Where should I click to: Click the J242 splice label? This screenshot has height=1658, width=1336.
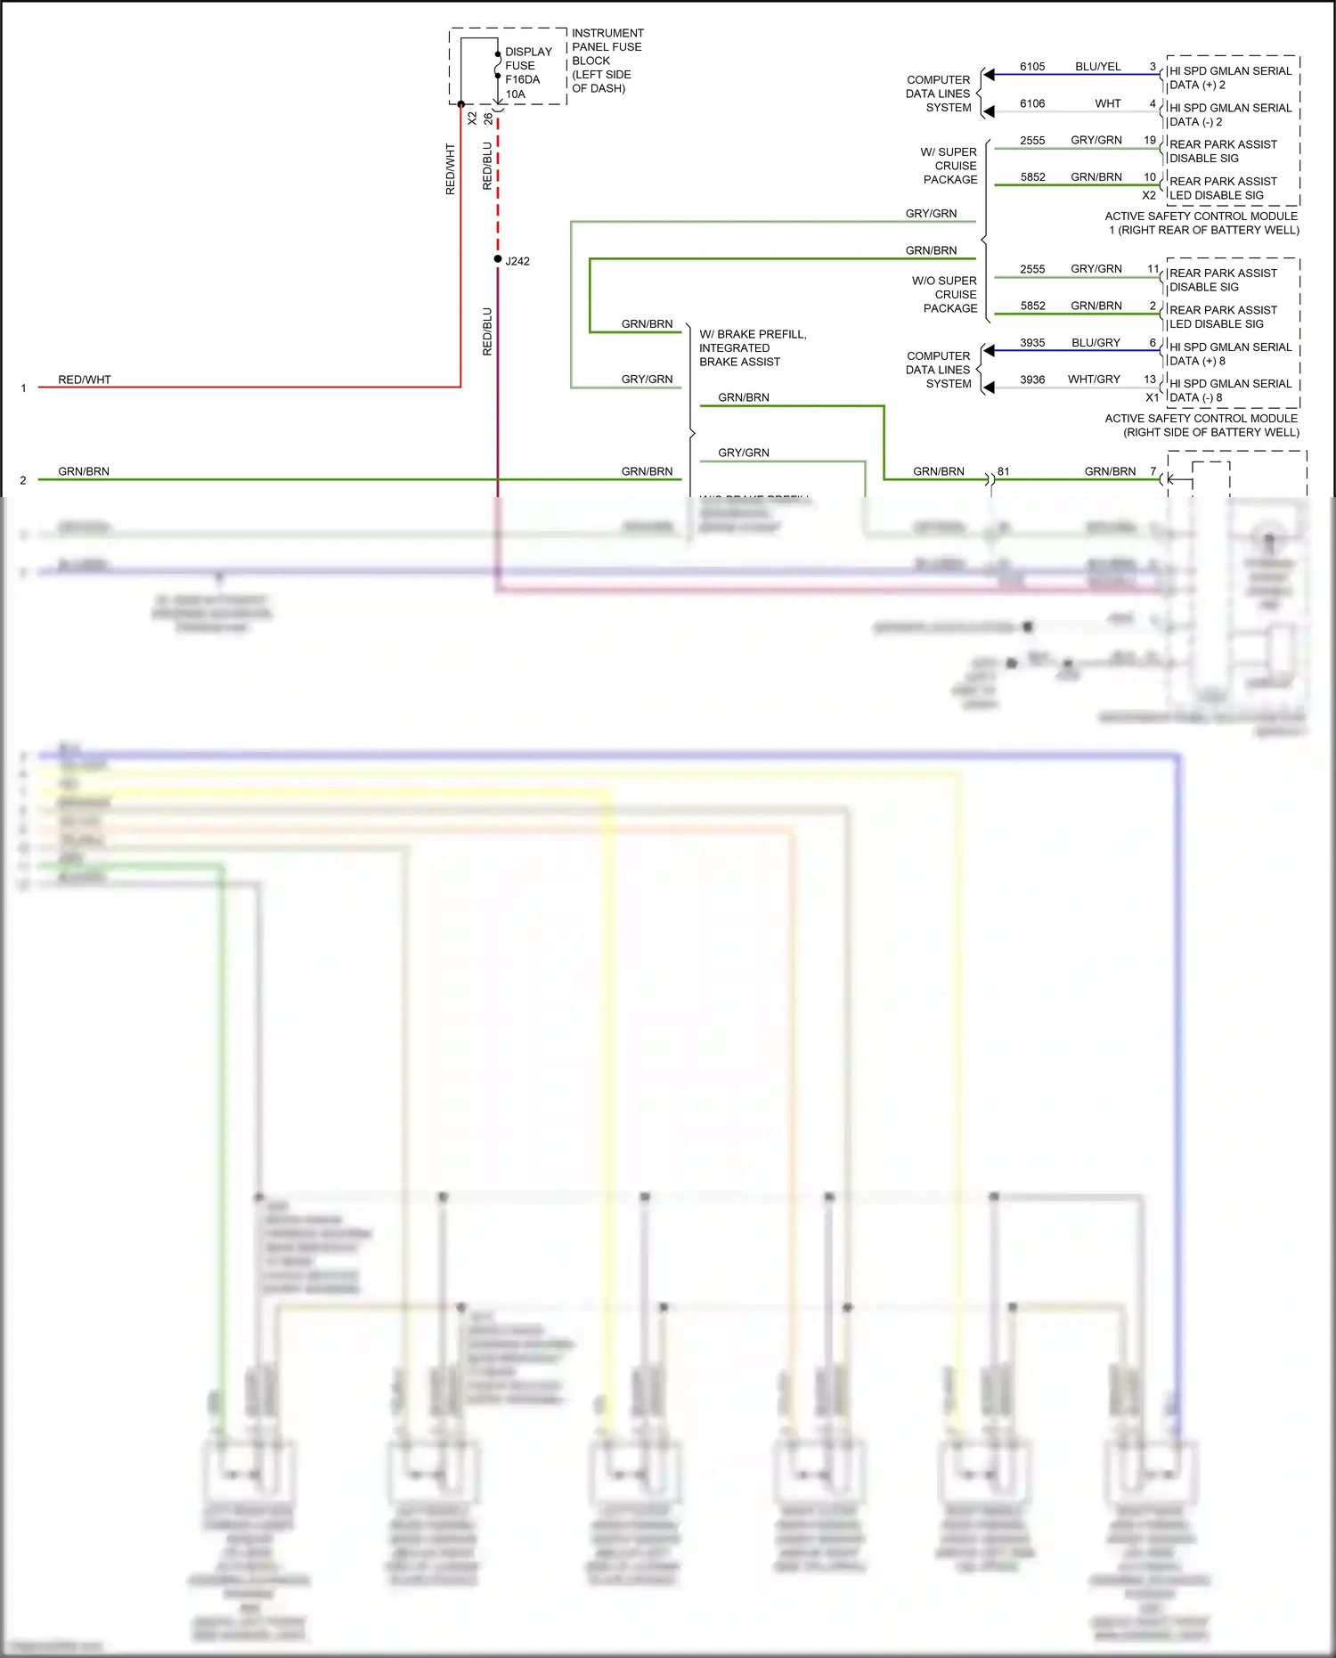[517, 261]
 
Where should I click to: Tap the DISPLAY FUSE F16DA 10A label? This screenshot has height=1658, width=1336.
[527, 73]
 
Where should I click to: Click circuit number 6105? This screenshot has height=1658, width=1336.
[1032, 67]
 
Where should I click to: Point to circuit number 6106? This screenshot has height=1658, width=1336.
[1032, 104]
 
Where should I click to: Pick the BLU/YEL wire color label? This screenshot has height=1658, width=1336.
[1097, 67]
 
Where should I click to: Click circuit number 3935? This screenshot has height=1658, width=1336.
[1032, 343]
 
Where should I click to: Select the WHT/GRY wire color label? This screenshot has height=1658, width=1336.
[1094, 380]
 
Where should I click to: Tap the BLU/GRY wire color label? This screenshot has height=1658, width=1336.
[1096, 343]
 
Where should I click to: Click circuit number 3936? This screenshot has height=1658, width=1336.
[1032, 380]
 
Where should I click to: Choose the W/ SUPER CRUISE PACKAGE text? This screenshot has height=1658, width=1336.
[949, 166]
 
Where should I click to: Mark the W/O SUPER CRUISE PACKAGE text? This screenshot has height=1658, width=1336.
[945, 295]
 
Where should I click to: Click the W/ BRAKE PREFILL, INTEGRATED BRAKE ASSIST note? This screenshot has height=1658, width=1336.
[752, 348]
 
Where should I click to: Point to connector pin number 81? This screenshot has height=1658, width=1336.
[1004, 471]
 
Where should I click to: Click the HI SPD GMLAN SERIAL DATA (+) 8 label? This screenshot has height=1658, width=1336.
[1229, 354]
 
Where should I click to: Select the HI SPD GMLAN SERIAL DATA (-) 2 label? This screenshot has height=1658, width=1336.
[1229, 115]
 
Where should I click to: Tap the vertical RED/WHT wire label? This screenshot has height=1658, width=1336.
[450, 169]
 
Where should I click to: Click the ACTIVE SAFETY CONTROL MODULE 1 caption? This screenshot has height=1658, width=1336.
[1202, 223]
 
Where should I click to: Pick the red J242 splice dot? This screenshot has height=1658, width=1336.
[498, 259]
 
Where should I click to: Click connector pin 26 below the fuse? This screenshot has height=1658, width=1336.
[488, 118]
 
